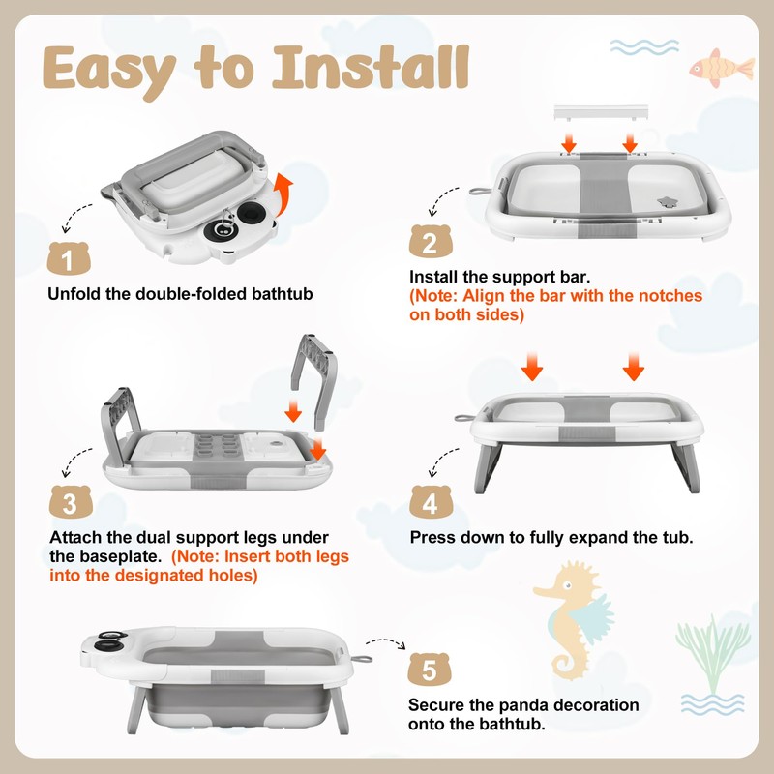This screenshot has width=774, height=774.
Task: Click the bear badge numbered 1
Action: pos(69,258)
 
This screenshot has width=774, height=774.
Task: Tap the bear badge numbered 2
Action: pos(431,241)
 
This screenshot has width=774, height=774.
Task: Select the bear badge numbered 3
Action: pos(71,502)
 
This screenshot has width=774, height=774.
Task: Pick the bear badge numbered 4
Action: pos(431,502)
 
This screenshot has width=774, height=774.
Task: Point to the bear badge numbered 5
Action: pos(429,670)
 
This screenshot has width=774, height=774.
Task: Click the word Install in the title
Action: pos(371,67)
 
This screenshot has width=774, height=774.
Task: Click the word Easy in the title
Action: pos(109,72)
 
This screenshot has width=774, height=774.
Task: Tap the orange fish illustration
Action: pos(722,68)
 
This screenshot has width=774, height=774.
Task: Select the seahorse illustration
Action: pos(574,619)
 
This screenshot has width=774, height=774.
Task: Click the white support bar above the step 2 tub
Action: pos(601,112)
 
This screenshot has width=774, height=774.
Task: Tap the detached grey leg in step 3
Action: pos(313,381)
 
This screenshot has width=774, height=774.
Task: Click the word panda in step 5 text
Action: pos(520,705)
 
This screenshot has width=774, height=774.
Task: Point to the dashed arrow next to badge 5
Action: pos(386,641)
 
